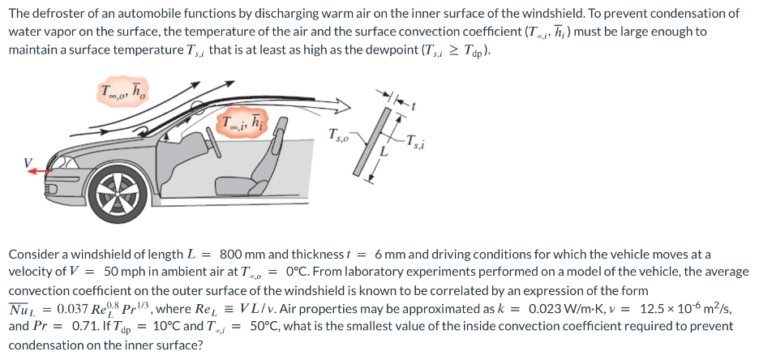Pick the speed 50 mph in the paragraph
click(124, 272)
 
